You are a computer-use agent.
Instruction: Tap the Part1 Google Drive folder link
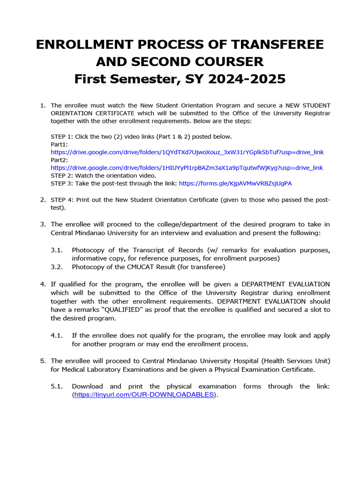[x=187, y=152]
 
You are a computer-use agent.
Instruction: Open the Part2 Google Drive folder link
[x=187, y=168]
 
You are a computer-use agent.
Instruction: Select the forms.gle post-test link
[x=239, y=183]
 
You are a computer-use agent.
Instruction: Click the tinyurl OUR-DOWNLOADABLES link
[x=144, y=395]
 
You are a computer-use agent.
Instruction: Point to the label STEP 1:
[x=62, y=136]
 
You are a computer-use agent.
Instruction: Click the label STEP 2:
[x=62, y=175]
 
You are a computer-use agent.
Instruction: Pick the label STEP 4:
[x=62, y=200]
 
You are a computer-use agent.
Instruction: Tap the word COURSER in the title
[x=224, y=61]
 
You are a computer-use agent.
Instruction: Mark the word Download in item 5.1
[x=87, y=386]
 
